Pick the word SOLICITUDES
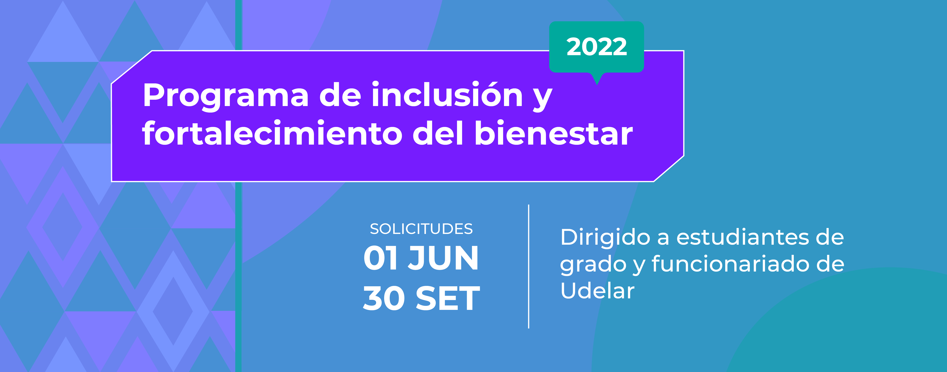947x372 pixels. click(x=421, y=229)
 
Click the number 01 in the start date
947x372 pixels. click(x=381, y=258)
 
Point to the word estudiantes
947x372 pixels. click(x=742, y=237)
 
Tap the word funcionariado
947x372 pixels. click(x=730, y=264)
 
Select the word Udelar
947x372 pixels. click(x=597, y=291)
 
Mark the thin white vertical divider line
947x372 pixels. click(x=529, y=267)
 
